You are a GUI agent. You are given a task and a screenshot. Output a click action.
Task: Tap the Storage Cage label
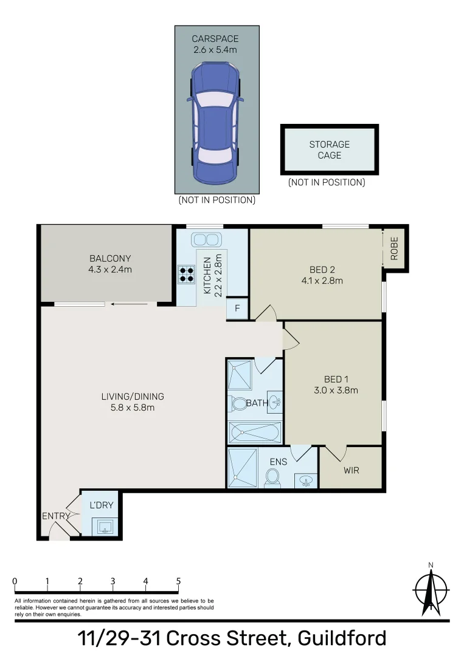[x=329, y=150]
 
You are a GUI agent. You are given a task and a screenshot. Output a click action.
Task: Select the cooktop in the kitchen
[x=187, y=274]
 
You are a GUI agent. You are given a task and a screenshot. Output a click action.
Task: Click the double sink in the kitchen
[x=205, y=240]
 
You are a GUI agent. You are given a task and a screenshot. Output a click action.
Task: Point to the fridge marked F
[x=237, y=309]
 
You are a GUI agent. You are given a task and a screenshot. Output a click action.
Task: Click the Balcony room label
[x=110, y=259]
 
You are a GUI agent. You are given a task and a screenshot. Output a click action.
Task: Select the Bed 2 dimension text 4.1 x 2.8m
[x=322, y=281]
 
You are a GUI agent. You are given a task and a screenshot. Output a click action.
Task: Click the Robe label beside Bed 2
[x=394, y=248]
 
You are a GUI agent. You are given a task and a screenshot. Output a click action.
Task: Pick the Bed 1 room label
[x=336, y=380]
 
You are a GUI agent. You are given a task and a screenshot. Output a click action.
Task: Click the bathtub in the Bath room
[x=255, y=432]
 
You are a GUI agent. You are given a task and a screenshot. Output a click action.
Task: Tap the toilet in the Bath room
[x=239, y=404]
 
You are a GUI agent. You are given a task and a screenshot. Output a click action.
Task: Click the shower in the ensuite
[x=242, y=468]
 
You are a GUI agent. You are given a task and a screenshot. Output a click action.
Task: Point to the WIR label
[x=351, y=470]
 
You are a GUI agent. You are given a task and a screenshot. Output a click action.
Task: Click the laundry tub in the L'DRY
[x=105, y=526]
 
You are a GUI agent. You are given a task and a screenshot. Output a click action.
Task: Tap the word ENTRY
[x=56, y=516]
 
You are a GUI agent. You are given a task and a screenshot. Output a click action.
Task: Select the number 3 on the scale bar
[x=113, y=581]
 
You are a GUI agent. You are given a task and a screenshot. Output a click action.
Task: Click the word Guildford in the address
[x=342, y=638]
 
